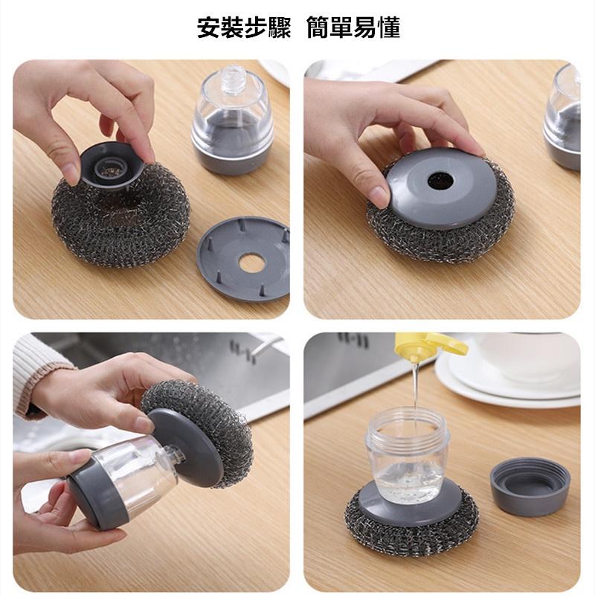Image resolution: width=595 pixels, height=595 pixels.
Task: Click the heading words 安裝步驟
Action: [x=244, y=28]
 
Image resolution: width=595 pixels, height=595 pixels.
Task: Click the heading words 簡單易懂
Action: [x=353, y=28]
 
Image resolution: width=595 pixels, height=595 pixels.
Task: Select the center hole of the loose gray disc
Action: [x=251, y=263]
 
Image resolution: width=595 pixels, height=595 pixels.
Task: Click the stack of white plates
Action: [x=509, y=379]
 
